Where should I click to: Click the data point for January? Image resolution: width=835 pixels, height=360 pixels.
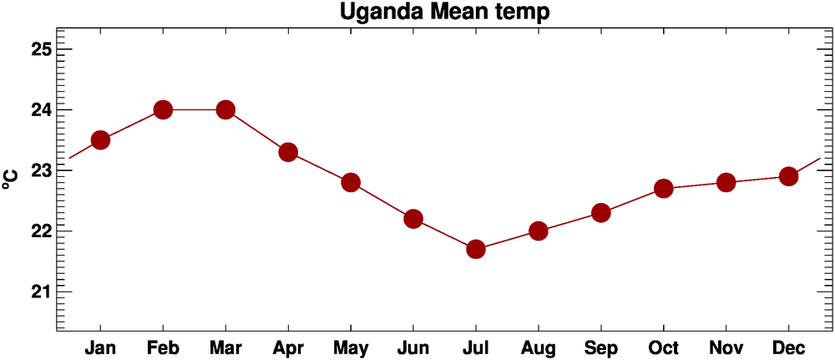click(100, 139)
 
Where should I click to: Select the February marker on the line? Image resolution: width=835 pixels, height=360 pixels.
click(163, 109)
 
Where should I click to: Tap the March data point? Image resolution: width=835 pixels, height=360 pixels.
click(225, 109)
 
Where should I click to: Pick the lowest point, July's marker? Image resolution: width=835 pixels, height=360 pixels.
click(476, 249)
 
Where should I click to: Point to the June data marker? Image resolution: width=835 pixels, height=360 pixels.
click(413, 219)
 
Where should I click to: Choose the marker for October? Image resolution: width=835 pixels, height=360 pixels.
click(664, 188)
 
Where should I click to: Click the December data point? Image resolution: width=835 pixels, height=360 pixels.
click(788, 176)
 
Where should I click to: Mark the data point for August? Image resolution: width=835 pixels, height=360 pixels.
click(539, 231)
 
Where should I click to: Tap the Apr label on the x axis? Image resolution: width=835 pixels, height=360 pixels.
click(288, 347)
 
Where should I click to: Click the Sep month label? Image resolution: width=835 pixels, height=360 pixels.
click(601, 347)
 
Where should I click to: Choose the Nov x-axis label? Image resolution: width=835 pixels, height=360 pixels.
click(726, 347)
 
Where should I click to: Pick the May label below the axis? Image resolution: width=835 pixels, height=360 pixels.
click(351, 347)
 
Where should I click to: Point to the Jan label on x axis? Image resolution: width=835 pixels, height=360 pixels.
click(100, 347)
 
